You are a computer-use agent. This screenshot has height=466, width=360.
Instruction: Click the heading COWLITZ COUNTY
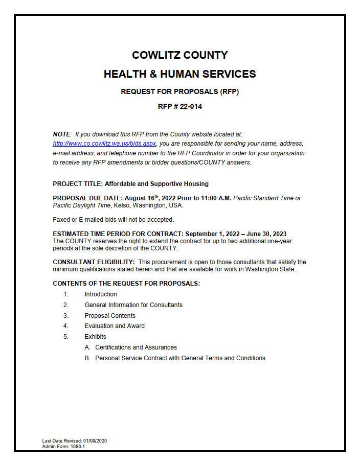click(x=179, y=55)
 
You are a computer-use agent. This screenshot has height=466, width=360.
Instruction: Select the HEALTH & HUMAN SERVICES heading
click(x=179, y=74)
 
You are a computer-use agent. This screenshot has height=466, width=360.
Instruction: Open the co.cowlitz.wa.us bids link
click(x=104, y=144)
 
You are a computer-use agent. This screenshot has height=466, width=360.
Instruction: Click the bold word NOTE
click(x=61, y=134)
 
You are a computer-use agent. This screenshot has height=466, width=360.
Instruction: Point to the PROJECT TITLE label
click(x=77, y=184)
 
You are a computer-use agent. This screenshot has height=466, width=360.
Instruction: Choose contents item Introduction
click(x=101, y=294)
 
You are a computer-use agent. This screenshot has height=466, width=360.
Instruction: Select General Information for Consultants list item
click(x=133, y=305)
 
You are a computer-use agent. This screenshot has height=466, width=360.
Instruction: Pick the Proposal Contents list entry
click(x=110, y=316)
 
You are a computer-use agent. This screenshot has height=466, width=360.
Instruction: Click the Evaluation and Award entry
click(x=115, y=326)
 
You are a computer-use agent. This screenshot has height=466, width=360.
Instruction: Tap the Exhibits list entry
click(x=96, y=337)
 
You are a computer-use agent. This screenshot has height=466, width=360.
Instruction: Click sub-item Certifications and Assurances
click(x=136, y=347)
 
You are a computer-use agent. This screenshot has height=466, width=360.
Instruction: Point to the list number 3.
click(x=66, y=316)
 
